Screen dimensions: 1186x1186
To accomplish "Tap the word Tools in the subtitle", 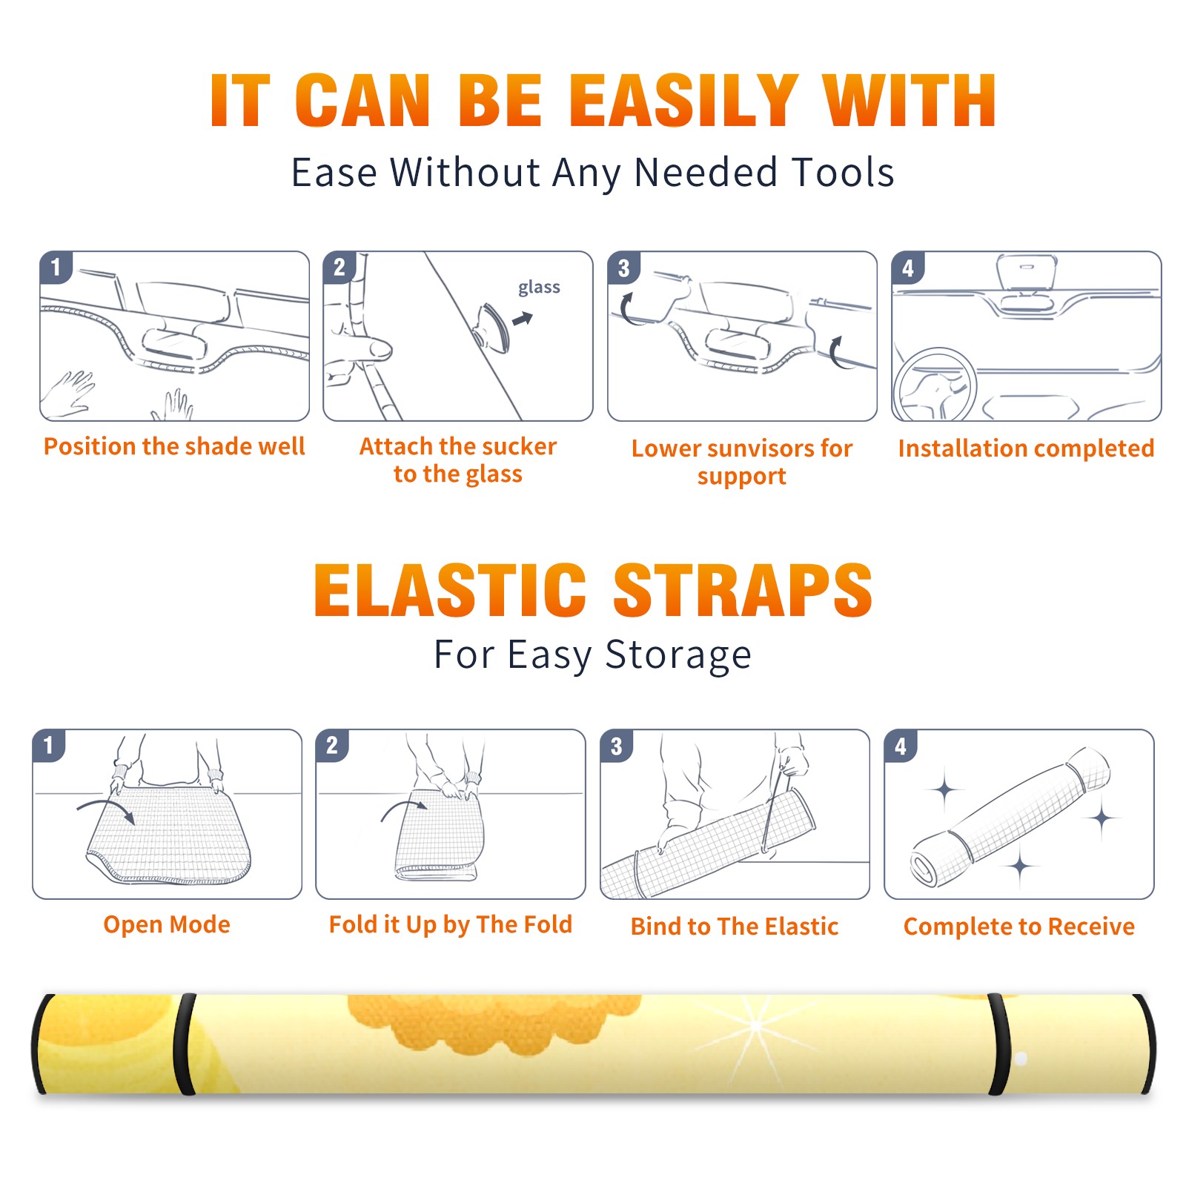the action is point(843,172).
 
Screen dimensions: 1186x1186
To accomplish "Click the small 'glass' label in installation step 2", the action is point(539,287).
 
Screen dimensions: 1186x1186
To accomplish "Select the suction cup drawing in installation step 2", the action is point(494,327).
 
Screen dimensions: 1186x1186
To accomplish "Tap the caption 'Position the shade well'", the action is point(174,446).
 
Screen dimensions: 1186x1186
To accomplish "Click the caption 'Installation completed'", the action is point(1026,448).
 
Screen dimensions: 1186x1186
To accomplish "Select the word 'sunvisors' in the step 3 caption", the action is point(761,448).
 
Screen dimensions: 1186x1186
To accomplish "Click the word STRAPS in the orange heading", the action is point(743,590).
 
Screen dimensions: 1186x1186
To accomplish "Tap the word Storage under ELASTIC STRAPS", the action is point(678,655).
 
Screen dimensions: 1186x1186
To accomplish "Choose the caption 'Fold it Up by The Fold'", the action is point(451,924).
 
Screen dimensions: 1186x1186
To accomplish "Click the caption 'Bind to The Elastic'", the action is point(735,927).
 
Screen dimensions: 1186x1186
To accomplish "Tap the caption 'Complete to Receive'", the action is point(1019,927).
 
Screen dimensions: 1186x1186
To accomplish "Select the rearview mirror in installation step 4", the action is point(1027,273).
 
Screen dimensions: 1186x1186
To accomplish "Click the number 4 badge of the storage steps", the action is point(901,746).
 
